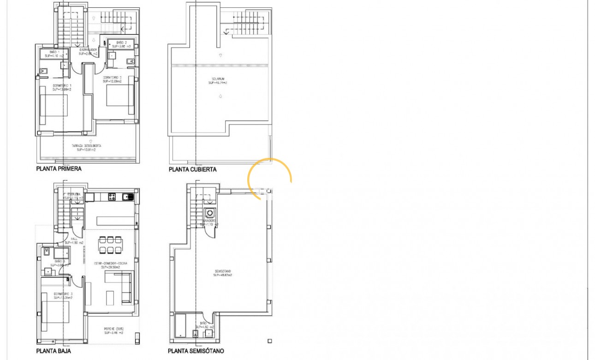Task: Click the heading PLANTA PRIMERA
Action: pyautogui.click(x=59, y=169)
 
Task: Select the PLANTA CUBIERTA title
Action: pyautogui.click(x=192, y=169)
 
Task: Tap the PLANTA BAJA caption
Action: pyautogui.click(x=54, y=351)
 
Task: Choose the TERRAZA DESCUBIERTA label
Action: pyautogui.click(x=86, y=148)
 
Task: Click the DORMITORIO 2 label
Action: pyautogui.click(x=112, y=79)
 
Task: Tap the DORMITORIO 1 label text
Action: pyautogui.click(x=61, y=88)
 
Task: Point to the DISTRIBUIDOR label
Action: pyautogui.click(x=88, y=51)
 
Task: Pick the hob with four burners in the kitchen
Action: pyautogui.click(x=112, y=197)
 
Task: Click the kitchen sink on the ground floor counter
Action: pyautogui.click(x=127, y=197)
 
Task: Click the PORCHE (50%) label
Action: pyautogui.click(x=113, y=330)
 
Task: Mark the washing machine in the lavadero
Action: pyautogui.click(x=210, y=213)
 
